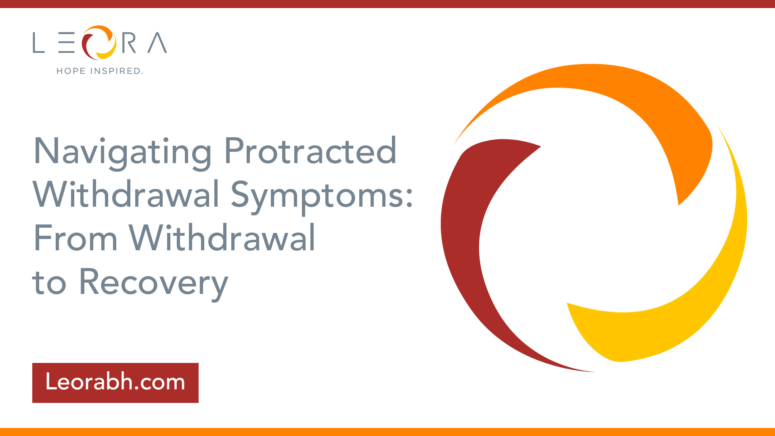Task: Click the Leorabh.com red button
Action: (x=115, y=383)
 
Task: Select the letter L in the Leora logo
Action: (x=38, y=43)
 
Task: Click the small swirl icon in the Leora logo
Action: (x=99, y=42)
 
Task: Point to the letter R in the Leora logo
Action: (x=129, y=43)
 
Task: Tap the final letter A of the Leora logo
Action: (x=157, y=43)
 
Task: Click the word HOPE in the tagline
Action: (x=71, y=71)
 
